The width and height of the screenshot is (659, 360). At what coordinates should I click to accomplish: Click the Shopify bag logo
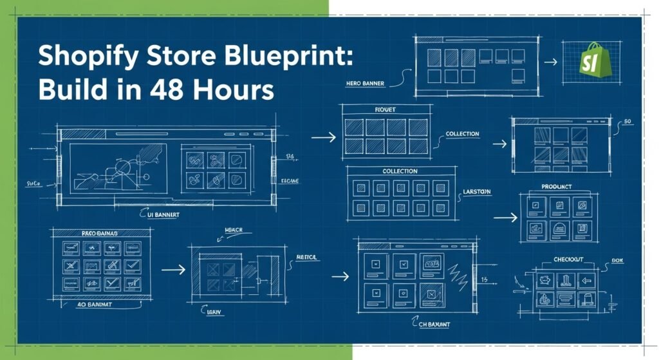pos(592,61)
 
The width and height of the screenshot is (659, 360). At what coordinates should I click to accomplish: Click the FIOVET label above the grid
pos(385,110)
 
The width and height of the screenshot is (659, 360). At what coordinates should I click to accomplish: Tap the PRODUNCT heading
pos(558,187)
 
